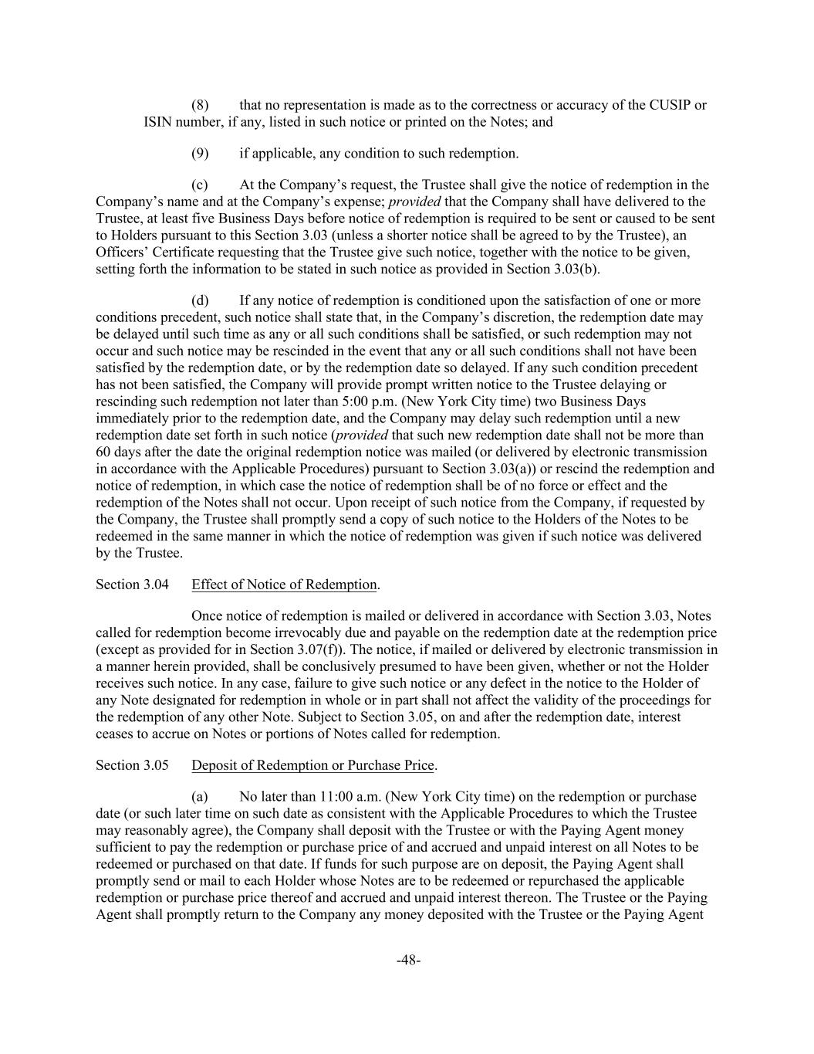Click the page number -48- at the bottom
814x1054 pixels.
click(407, 960)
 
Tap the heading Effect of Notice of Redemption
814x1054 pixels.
click(284, 585)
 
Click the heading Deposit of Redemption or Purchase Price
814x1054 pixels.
click(312, 765)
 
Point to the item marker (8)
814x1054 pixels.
click(201, 105)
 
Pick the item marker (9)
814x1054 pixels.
click(201, 153)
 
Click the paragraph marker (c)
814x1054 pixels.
click(200, 185)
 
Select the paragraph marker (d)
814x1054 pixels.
click(200, 300)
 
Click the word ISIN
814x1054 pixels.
click(158, 122)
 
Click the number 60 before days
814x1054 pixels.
click(103, 452)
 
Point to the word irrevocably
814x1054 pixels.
click(265, 632)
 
